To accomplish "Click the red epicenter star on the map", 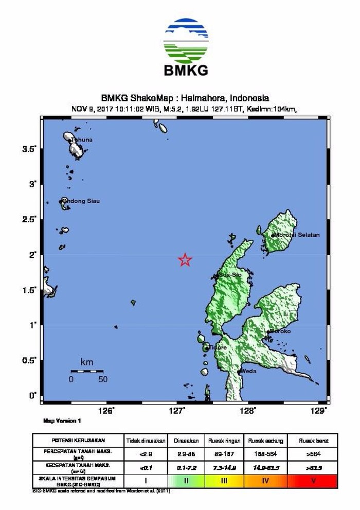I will click(x=185, y=260).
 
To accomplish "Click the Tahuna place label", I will click(x=82, y=140).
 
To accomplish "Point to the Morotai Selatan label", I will click(x=297, y=235).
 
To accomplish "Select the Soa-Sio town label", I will click(x=230, y=275).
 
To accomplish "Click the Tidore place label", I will click(x=217, y=347).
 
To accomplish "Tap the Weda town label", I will click(x=248, y=371).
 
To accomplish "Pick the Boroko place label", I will click(x=280, y=331).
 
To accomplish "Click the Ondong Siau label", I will click(x=81, y=201).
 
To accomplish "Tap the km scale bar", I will click(x=87, y=371).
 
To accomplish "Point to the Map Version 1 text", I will click(x=62, y=421).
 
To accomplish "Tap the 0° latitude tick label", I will click(x=33, y=395).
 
